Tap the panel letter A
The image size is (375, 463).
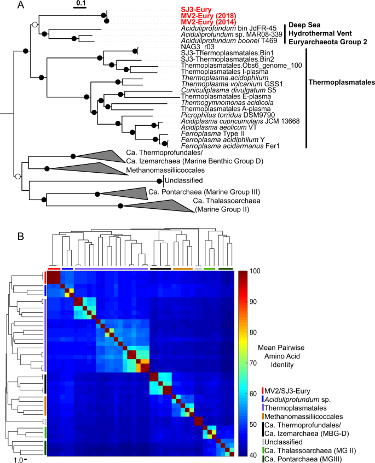5,5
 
